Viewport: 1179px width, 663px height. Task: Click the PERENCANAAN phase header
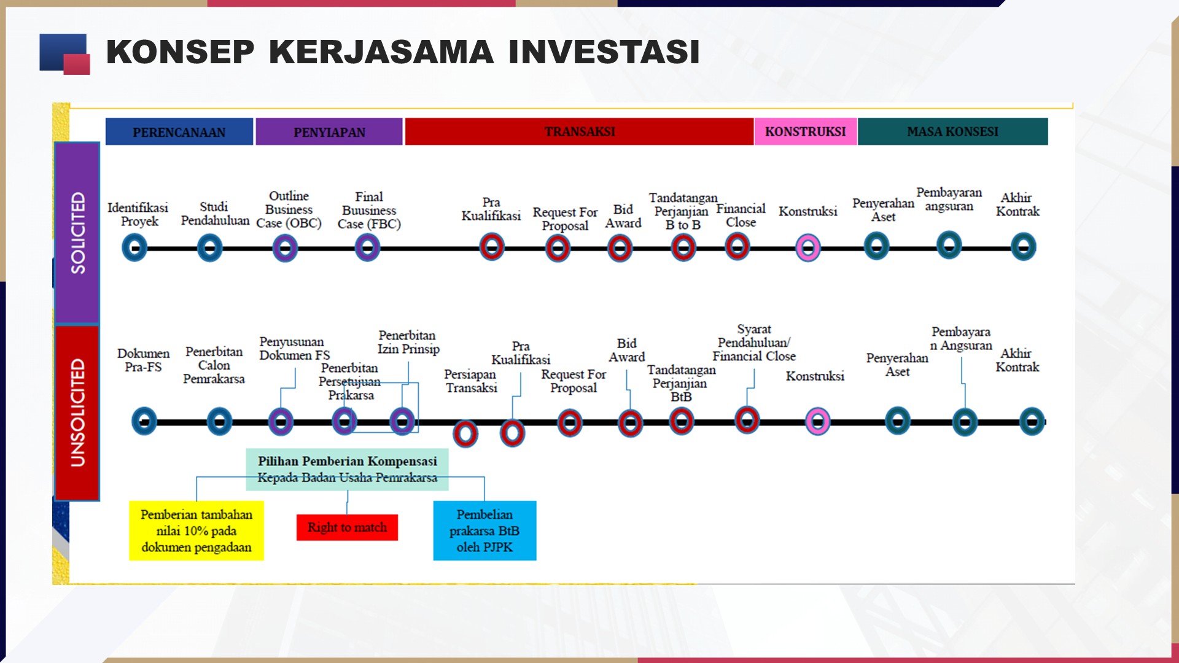179,131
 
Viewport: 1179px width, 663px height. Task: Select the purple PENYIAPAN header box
329,131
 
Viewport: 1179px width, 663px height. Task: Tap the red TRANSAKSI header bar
579,131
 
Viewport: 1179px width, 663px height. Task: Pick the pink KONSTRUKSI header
805,131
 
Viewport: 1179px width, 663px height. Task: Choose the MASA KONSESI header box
952,131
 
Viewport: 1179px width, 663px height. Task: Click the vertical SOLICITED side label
77,233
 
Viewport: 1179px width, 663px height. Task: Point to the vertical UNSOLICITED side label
77,413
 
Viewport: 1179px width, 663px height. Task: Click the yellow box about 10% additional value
196,530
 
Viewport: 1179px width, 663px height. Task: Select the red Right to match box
347,527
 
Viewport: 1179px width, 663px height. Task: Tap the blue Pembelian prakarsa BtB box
484,530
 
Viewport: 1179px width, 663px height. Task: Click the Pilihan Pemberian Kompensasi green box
347,469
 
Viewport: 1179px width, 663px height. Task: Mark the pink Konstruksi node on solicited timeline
807,248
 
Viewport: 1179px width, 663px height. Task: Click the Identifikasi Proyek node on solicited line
134,248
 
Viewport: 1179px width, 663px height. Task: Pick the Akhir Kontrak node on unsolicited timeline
1032,422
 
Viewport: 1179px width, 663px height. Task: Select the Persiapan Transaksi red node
465,433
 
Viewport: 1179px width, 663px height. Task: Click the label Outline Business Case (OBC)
289,209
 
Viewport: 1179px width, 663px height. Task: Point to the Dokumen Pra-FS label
143,360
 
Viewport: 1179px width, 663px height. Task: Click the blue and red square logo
64,54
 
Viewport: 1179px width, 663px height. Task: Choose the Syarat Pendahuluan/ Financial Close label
753,343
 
